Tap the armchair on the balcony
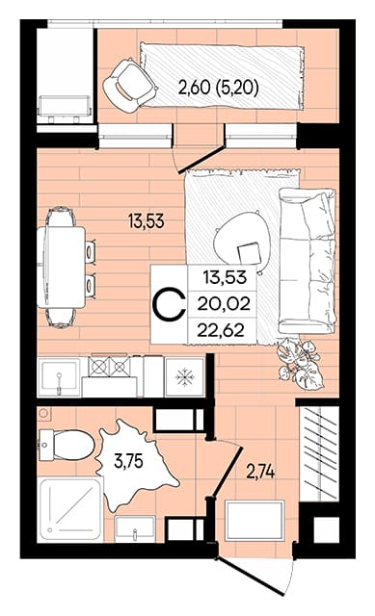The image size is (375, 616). click(128, 86)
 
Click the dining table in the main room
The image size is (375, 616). click(61, 268)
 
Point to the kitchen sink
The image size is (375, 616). click(59, 377)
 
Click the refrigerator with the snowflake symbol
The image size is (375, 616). click(184, 377)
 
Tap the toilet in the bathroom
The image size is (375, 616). click(67, 445)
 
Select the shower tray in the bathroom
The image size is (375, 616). click(70, 509)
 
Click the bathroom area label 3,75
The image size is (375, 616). click(128, 461)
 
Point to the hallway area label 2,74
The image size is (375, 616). click(260, 472)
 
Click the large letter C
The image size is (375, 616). click(169, 304)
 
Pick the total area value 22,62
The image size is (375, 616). click(221, 330)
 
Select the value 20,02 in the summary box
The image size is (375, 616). click(224, 304)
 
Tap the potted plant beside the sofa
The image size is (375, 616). click(300, 364)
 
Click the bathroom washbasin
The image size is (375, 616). click(135, 528)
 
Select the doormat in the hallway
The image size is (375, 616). click(254, 520)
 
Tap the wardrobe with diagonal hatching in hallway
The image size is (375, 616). click(319, 453)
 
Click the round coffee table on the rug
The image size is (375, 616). click(242, 241)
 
